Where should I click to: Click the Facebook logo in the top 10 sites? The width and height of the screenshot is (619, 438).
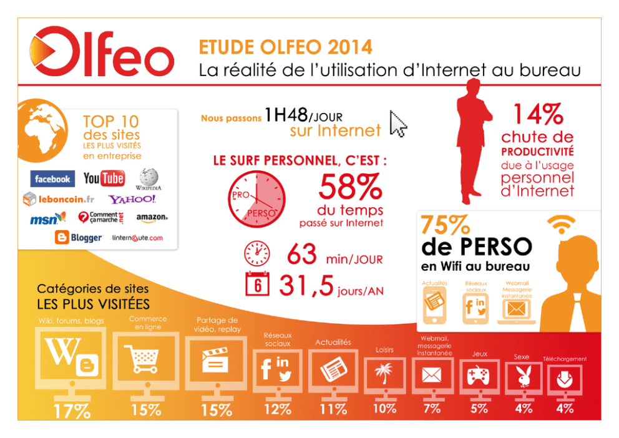52,178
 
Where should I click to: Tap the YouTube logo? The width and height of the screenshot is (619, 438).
104,178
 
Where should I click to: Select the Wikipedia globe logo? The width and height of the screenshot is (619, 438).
149,179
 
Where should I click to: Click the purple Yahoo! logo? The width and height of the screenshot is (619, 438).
132,199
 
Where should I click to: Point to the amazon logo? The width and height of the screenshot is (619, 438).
152,218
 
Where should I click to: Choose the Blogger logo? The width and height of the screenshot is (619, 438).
79,238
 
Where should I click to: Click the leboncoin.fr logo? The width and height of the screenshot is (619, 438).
59,199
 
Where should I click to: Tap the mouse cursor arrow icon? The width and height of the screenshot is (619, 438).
397,124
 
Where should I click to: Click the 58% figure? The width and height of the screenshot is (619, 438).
351,187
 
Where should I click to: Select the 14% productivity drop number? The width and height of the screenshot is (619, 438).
539,114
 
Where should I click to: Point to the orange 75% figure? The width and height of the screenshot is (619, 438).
446,225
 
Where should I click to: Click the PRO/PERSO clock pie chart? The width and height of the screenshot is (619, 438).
256,199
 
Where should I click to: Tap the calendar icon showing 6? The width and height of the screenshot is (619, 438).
257,283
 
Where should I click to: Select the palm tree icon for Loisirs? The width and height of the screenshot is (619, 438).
384,373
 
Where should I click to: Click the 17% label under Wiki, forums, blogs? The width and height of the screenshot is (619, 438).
72,411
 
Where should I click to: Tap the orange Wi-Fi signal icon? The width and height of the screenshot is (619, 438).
561,225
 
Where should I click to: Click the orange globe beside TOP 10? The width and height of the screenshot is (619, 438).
42,130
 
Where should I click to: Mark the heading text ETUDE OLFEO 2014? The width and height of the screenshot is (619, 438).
285,47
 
